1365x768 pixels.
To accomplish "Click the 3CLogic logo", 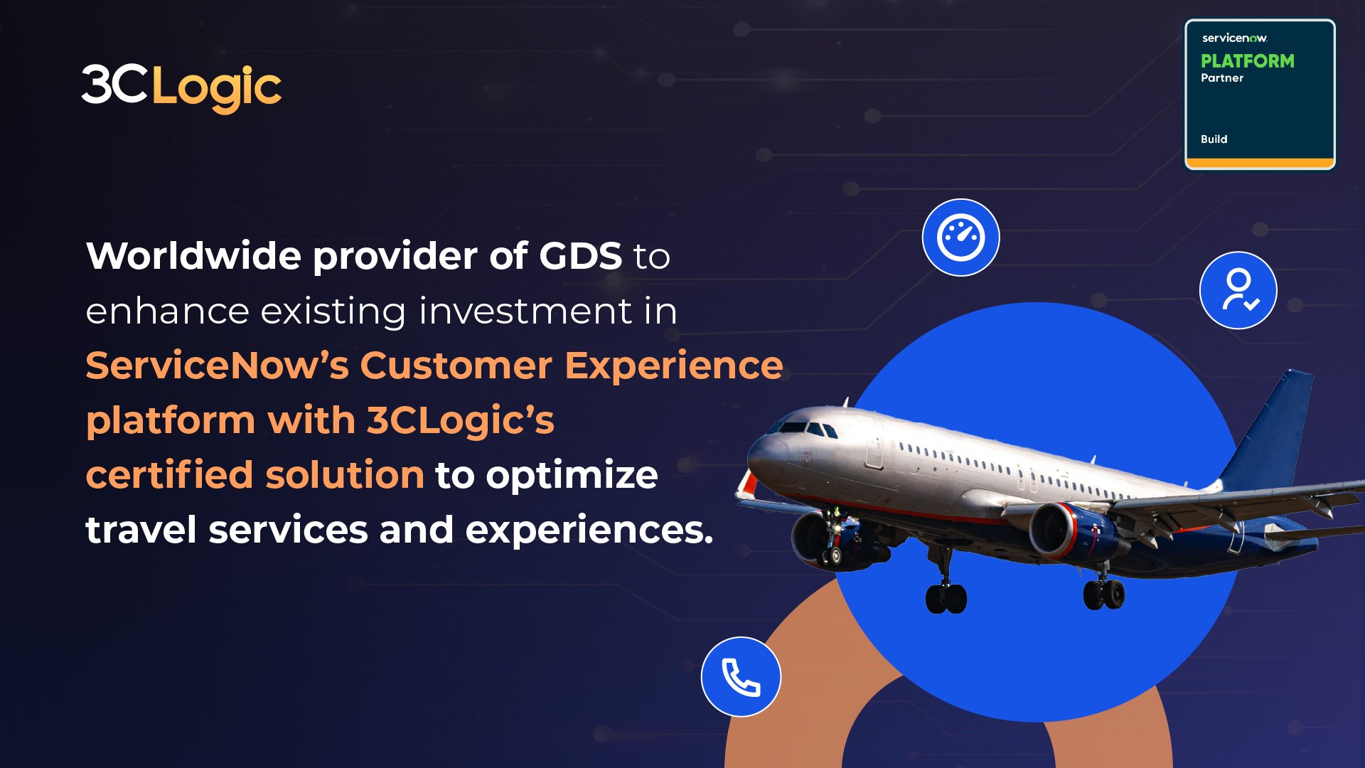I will [181, 88].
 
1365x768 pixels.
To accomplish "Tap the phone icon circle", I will [741, 677].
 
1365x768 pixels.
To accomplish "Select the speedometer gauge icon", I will [960, 238].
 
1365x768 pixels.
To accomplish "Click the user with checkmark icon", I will [1238, 290].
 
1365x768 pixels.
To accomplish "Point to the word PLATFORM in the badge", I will [1247, 61].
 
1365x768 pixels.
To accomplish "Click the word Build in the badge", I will [1214, 139].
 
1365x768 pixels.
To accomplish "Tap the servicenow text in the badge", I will [1234, 38].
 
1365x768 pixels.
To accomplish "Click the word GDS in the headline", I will [580, 256].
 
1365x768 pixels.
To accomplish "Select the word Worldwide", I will [193, 256].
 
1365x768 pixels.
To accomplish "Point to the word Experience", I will [673, 366].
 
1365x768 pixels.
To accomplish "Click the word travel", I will [141, 530].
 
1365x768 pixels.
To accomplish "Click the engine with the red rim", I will [1066, 532].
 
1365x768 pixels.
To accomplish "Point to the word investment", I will [525, 311].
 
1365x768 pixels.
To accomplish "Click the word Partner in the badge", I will [1222, 78].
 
